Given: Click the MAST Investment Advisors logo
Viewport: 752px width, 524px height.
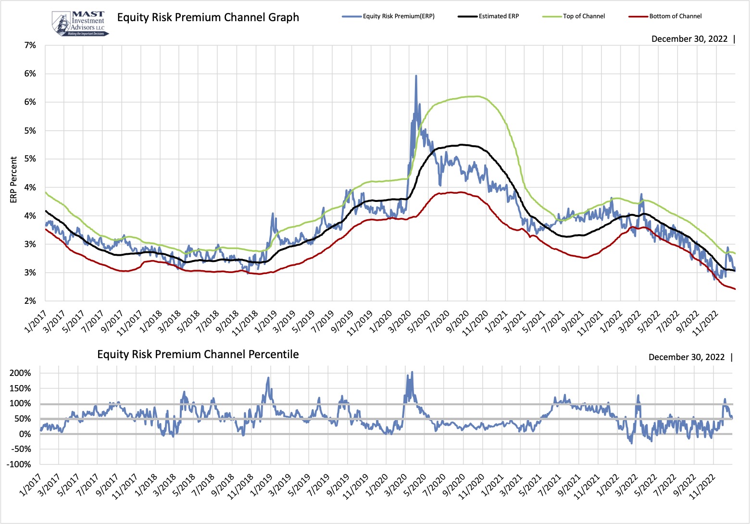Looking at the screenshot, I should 80,24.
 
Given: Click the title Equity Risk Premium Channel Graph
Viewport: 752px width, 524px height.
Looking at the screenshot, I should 208,18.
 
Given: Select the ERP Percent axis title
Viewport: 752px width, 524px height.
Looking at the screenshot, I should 13,179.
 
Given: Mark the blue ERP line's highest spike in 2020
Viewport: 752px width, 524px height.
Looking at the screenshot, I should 416,76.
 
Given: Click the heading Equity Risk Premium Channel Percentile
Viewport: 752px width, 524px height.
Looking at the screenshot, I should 198,355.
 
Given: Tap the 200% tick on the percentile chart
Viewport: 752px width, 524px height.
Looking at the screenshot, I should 20,373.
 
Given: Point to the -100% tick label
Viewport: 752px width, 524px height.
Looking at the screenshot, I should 19,464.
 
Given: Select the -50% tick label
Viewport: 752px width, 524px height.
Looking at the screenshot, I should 20,449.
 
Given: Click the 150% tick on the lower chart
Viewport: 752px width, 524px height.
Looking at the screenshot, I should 20,388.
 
